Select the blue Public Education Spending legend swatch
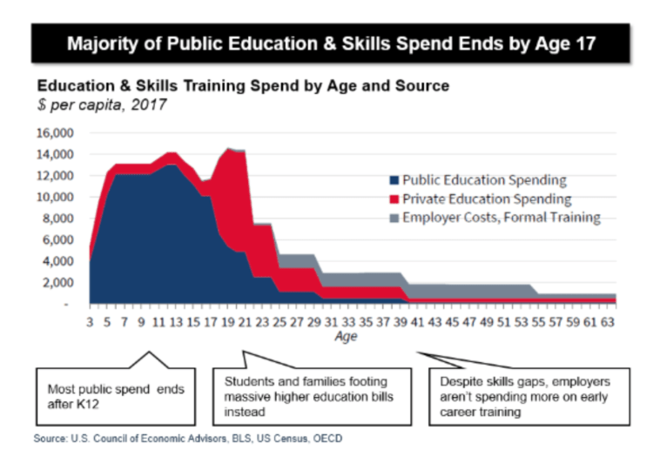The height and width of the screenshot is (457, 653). coord(393,181)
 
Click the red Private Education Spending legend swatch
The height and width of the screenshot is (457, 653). coord(393,199)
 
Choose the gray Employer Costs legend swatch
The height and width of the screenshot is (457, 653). coord(393,218)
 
